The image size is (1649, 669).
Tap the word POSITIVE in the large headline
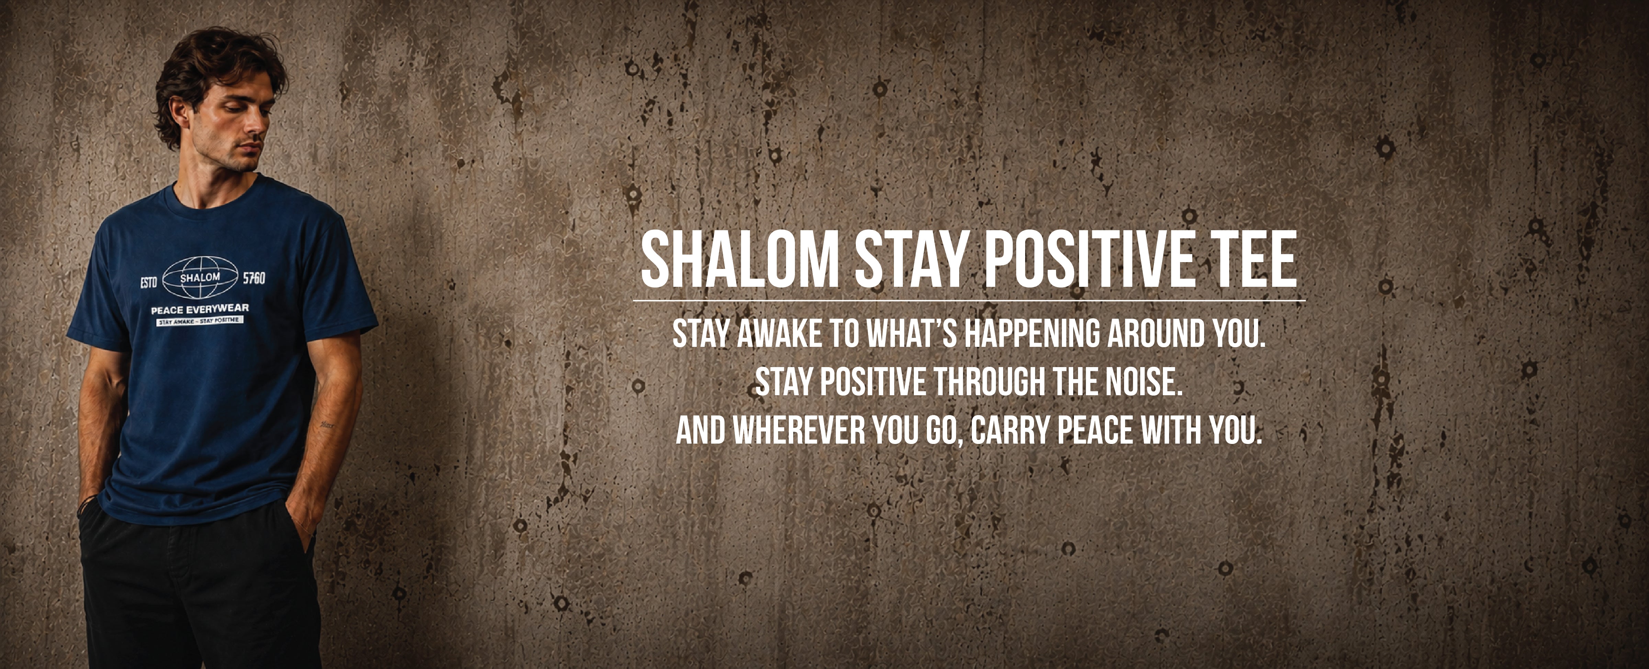pyautogui.click(x=1080, y=261)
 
